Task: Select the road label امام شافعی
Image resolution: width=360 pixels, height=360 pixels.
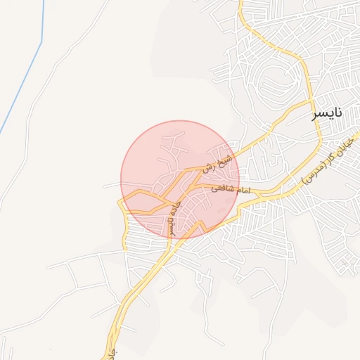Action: click(x=235, y=189)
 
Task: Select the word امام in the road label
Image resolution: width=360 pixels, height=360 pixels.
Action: click(x=245, y=190)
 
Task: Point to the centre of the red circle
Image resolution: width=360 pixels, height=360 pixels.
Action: click(x=180, y=179)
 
